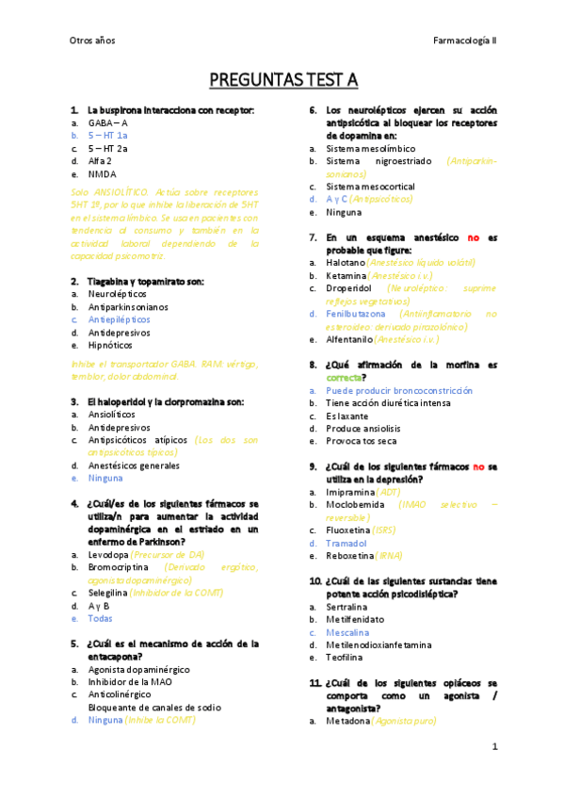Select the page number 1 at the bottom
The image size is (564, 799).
(494, 747)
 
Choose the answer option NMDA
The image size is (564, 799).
(102, 174)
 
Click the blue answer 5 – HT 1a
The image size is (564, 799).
(108, 136)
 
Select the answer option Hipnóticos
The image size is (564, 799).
(110, 346)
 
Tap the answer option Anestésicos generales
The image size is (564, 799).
(134, 465)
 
